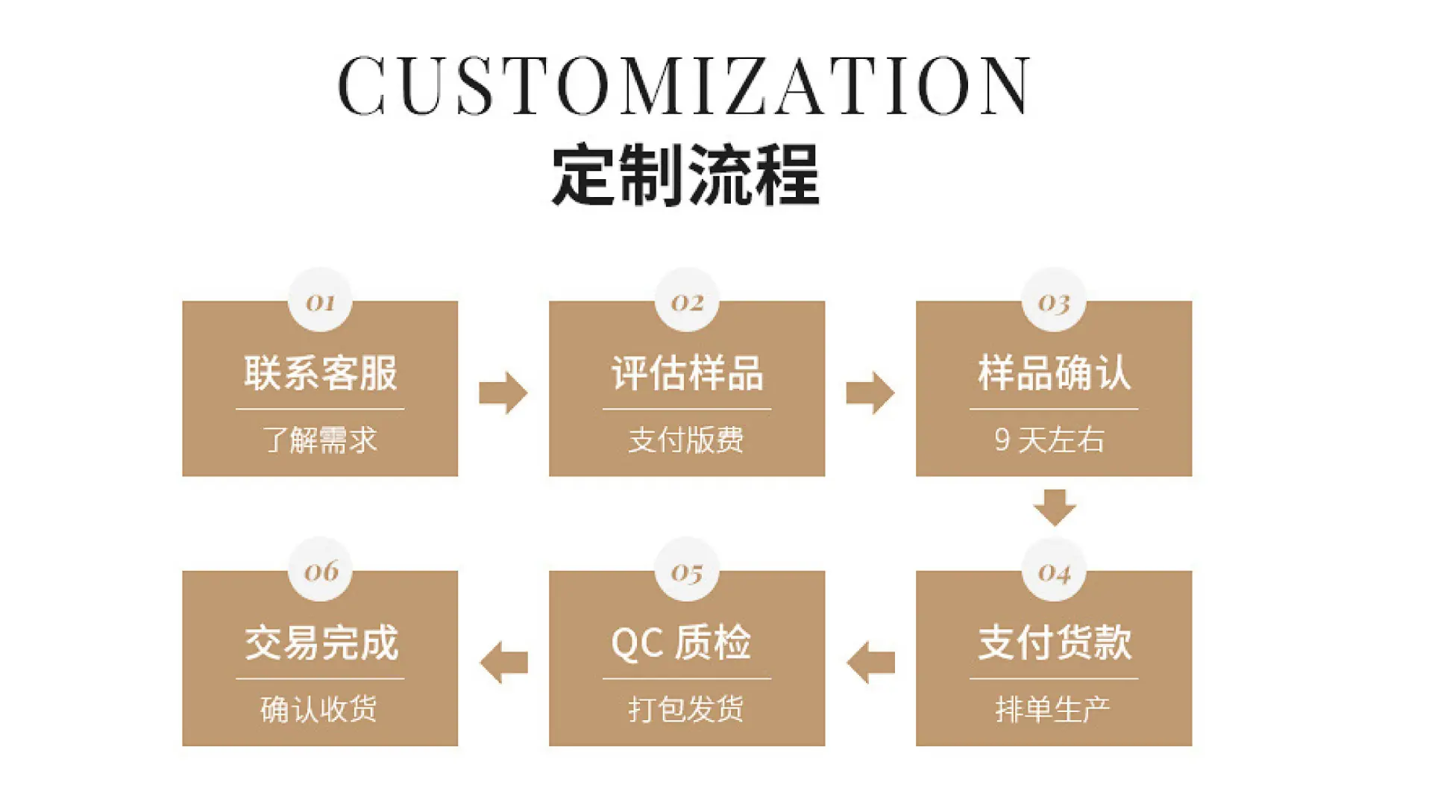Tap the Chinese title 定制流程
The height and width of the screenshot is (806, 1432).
pyautogui.click(x=685, y=175)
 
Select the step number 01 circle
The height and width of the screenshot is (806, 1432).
pyautogui.click(x=320, y=300)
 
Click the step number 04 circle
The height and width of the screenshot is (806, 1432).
pyautogui.click(x=1054, y=570)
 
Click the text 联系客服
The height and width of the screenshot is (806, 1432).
pyautogui.click(x=321, y=372)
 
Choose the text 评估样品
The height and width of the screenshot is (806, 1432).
pyautogui.click(x=688, y=372)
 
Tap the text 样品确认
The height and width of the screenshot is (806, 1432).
pyautogui.click(x=1055, y=372)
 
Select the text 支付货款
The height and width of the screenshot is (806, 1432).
pyautogui.click(x=1055, y=642)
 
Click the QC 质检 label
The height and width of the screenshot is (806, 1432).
pyautogui.click(x=681, y=642)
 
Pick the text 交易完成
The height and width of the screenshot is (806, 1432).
pyautogui.click(x=321, y=642)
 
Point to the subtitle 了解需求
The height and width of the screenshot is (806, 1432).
pyautogui.click(x=320, y=440)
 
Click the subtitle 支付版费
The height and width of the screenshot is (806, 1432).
pyautogui.click(x=686, y=440)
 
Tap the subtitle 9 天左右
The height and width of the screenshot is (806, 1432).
pyautogui.click(x=1049, y=440)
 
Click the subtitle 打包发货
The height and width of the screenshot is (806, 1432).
pyautogui.click(x=686, y=709)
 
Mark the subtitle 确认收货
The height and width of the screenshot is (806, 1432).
pyautogui.click(x=319, y=709)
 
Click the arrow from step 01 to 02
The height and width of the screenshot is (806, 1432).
pyautogui.click(x=503, y=393)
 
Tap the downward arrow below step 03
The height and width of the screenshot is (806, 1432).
pyautogui.click(x=1055, y=507)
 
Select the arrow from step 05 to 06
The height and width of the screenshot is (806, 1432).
pyautogui.click(x=503, y=662)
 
